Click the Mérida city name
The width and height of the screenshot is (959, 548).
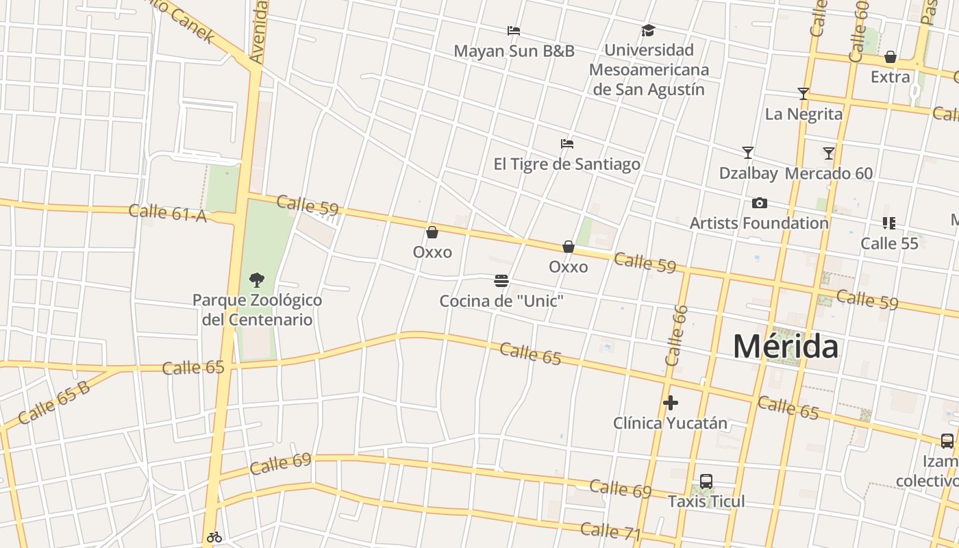coord(786,347)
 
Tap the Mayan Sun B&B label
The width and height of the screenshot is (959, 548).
coord(514,51)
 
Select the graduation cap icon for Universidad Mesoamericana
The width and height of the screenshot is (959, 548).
coord(648,30)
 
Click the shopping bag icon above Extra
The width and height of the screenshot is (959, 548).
coord(891,57)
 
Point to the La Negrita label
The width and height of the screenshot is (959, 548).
coord(804,114)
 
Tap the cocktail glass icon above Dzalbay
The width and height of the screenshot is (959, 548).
coord(748,153)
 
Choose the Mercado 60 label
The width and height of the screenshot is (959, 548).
coord(829,173)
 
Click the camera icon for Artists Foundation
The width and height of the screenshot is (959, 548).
coord(759,203)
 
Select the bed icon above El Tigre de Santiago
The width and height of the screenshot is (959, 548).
coord(567,144)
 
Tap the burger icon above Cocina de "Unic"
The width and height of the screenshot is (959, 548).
coord(501,281)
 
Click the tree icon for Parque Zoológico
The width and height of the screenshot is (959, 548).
coord(257,279)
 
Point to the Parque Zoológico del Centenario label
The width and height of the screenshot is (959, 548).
coord(257,310)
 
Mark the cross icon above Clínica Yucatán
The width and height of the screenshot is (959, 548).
coord(671,403)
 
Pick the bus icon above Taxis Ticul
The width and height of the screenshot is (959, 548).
coord(706,482)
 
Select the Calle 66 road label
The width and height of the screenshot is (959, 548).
coord(676,335)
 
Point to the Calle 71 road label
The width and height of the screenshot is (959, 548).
coord(610,531)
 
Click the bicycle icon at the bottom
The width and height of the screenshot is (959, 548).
coord(214,537)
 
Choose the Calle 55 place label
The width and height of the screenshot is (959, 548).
coord(889,243)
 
